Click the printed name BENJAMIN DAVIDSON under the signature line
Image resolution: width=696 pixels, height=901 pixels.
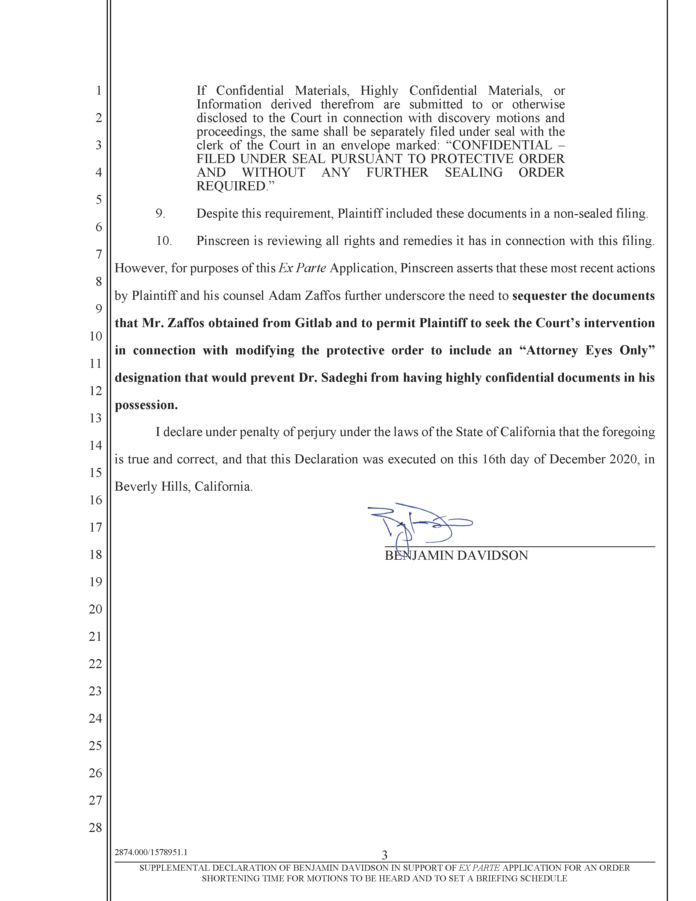(x=456, y=556)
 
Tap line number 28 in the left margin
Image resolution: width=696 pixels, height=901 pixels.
(x=95, y=828)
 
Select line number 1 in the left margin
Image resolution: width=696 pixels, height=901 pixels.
(x=99, y=90)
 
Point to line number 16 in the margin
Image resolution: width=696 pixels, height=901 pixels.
(x=95, y=500)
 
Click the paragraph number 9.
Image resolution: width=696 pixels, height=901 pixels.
(x=160, y=214)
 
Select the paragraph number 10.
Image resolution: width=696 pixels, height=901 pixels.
(x=163, y=241)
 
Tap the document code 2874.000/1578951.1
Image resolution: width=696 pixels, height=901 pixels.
(x=151, y=852)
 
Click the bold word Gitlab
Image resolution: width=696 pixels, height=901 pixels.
(x=313, y=323)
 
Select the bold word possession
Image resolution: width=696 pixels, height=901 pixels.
(x=146, y=405)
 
